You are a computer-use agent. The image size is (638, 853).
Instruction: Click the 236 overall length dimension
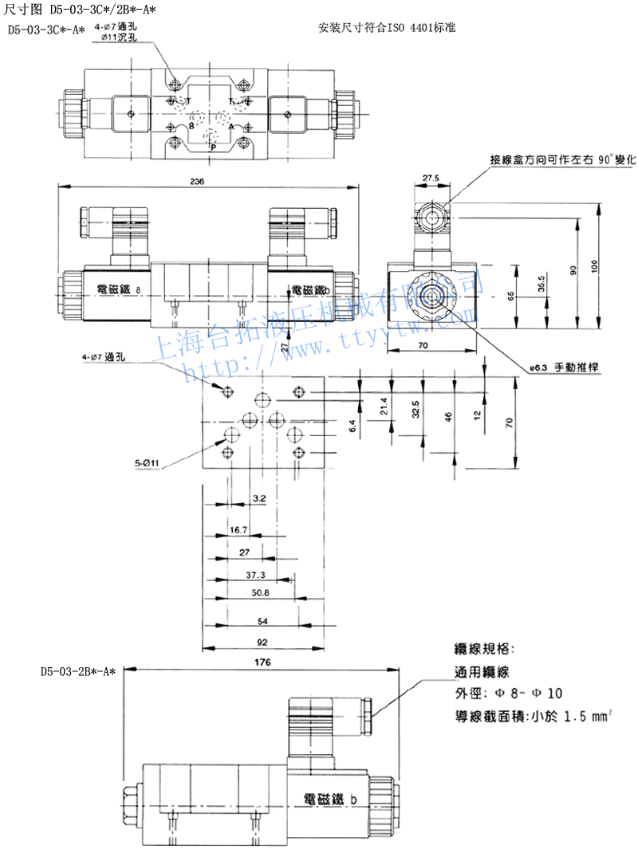pos(198,181)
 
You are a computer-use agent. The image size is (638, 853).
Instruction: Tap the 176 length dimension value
pos(263,663)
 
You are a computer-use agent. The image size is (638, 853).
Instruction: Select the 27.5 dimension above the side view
pos(431,178)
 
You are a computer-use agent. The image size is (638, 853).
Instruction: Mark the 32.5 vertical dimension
pos(416,411)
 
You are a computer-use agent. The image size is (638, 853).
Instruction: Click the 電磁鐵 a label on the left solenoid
pos(116,291)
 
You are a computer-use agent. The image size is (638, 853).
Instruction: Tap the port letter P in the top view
pos(212,147)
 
